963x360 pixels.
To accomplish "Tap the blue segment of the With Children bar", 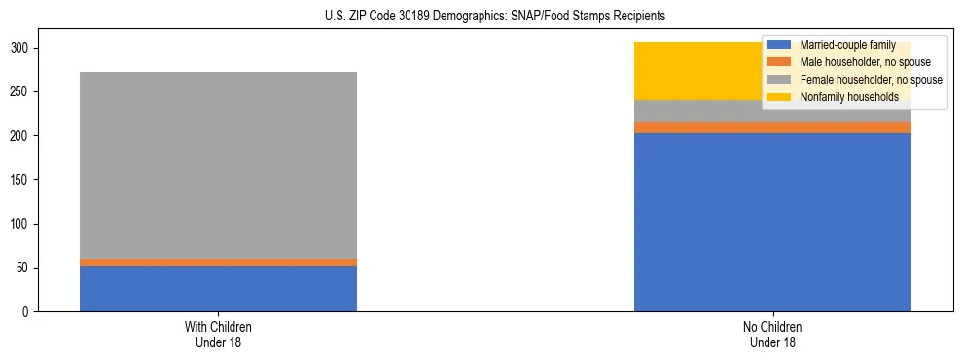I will point(218,288).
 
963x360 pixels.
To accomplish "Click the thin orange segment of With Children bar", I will point(218,262).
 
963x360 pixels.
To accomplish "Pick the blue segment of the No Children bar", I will point(772,222).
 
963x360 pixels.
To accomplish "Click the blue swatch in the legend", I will point(779,46).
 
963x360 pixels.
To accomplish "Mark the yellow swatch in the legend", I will point(779,97).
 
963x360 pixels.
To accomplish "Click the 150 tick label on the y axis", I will point(21,180).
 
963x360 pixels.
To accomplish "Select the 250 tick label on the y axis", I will point(21,91).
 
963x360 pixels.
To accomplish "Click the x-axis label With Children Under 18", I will point(218,334).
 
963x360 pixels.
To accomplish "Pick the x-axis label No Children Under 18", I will point(772,334).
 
